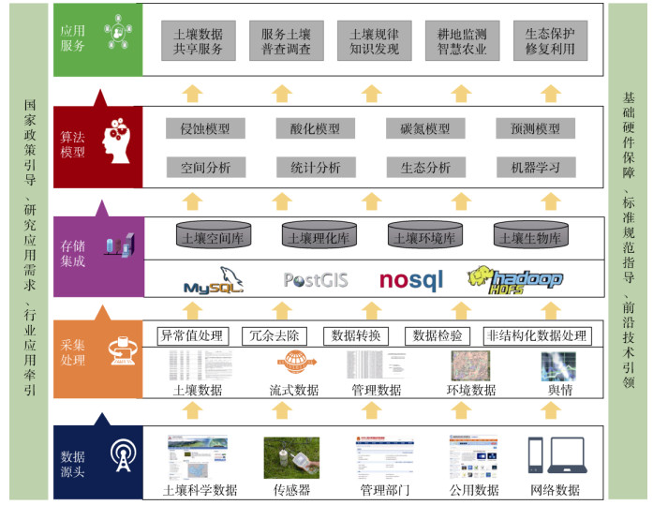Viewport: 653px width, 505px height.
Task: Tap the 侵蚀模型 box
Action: [205, 129]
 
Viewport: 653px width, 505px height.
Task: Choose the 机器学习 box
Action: [528, 168]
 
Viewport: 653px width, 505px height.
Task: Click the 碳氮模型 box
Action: [424, 129]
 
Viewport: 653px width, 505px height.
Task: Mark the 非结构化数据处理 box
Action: [535, 335]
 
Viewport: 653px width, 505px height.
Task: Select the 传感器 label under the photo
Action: [291, 490]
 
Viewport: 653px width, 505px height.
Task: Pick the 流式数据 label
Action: [293, 390]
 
